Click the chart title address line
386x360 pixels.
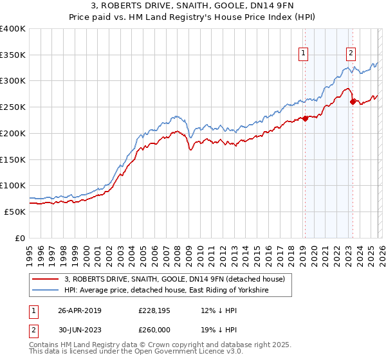[x=192, y=6]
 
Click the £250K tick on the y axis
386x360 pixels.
[x=13, y=107]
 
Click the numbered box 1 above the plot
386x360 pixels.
[x=303, y=53]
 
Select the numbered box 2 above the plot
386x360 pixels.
[x=351, y=53]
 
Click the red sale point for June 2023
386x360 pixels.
[x=353, y=102]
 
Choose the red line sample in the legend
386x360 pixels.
[x=46, y=279]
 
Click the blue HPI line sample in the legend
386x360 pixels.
[x=46, y=291]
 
